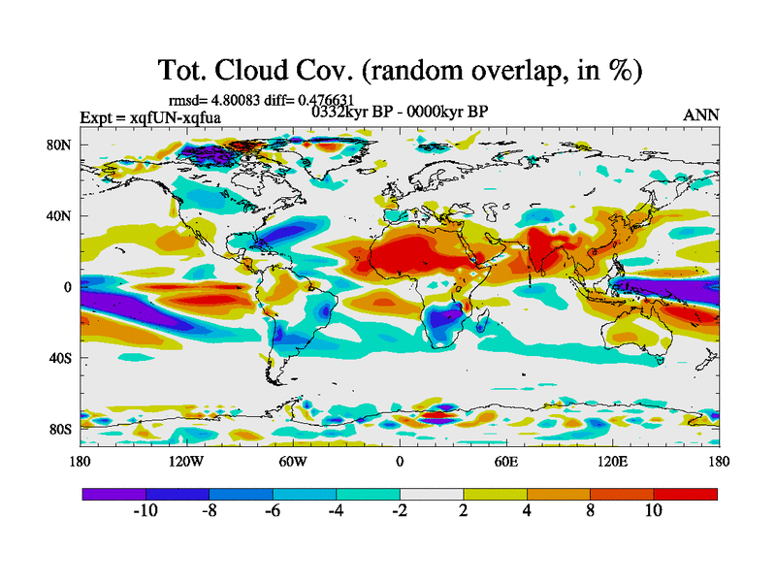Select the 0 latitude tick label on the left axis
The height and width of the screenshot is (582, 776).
pos(68,287)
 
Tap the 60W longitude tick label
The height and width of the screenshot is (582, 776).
pos(293,461)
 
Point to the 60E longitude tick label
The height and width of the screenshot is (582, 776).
pos(505,461)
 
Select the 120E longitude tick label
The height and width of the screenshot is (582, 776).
pos(612,461)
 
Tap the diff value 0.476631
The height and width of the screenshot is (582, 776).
pos(328,100)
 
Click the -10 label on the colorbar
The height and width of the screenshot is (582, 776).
pos(145,511)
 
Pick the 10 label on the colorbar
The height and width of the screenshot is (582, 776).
pos(653,511)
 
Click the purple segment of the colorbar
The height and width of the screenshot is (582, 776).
pos(113,494)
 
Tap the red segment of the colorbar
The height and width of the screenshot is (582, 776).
pos(685,494)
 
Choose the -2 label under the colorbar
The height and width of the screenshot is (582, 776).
pos(399,511)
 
